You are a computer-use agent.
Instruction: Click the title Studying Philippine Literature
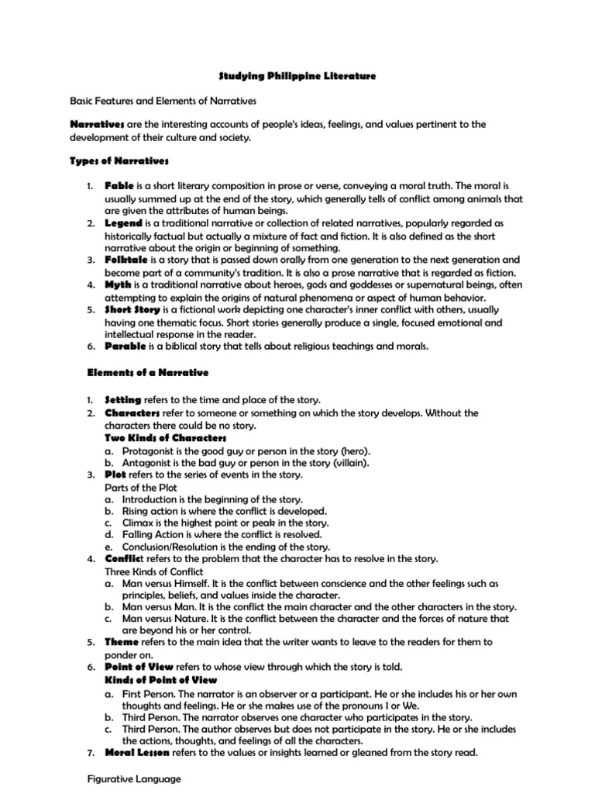click(297, 76)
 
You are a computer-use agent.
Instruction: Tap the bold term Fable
click(120, 187)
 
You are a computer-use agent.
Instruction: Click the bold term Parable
click(125, 345)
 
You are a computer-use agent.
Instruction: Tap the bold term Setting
click(123, 399)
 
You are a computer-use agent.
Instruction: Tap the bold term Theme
click(122, 642)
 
